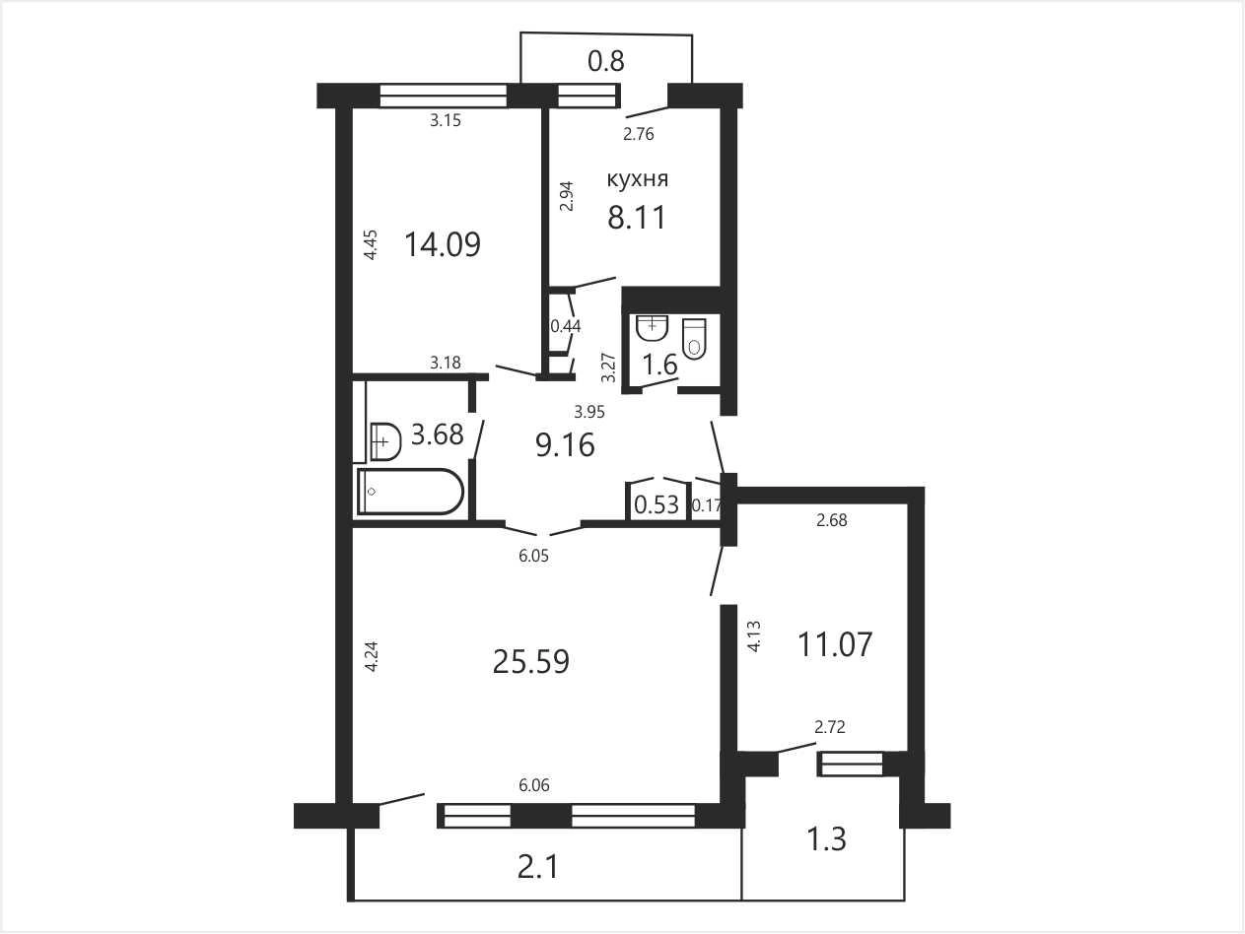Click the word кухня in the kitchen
click(x=638, y=179)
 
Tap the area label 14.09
click(x=443, y=244)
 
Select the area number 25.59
click(x=531, y=661)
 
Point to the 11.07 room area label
click(x=834, y=644)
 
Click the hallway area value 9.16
click(x=565, y=444)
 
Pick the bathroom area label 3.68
click(x=438, y=434)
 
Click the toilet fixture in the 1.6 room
click(x=694, y=338)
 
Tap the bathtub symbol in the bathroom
click(x=410, y=492)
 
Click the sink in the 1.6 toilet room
click(x=653, y=327)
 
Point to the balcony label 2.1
click(x=537, y=867)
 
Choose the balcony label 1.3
click(x=826, y=839)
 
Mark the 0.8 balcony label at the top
click(x=606, y=61)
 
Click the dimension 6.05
click(x=533, y=556)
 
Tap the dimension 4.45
click(x=370, y=244)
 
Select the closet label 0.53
click(x=657, y=503)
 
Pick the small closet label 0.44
click(x=566, y=326)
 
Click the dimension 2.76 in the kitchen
click(x=638, y=134)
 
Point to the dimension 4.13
click(x=754, y=636)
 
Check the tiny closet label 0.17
click(x=707, y=506)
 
